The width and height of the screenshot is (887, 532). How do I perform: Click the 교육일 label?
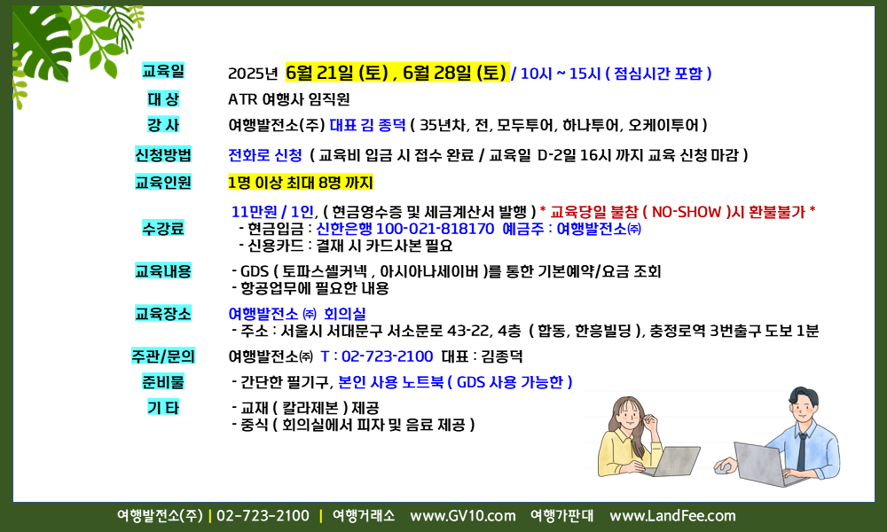point(163,71)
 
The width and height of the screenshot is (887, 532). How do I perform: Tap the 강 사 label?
point(163,125)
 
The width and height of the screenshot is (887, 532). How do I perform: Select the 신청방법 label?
point(163,154)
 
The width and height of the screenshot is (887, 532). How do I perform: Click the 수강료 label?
point(163,229)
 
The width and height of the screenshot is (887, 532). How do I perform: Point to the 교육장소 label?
point(163,313)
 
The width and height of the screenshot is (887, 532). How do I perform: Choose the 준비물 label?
point(163,381)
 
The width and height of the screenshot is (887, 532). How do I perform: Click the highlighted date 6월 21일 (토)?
point(336,73)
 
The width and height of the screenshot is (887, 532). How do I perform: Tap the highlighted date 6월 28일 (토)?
point(454,73)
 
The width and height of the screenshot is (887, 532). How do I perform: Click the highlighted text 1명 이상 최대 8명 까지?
point(301,183)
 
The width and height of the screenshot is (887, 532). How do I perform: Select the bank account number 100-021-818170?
point(435,229)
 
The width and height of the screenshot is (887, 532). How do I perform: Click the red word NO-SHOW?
point(687,212)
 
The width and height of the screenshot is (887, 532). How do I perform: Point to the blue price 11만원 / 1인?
point(272,212)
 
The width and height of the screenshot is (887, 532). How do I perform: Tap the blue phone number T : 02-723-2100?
point(377,356)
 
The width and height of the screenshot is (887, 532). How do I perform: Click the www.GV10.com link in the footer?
point(463,516)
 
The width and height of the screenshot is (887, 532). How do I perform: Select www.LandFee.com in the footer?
point(672,516)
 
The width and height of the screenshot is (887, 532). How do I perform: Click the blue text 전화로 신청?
point(264,155)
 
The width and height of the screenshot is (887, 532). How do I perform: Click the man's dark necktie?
point(802,451)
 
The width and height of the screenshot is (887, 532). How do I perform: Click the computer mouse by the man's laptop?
point(722,467)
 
